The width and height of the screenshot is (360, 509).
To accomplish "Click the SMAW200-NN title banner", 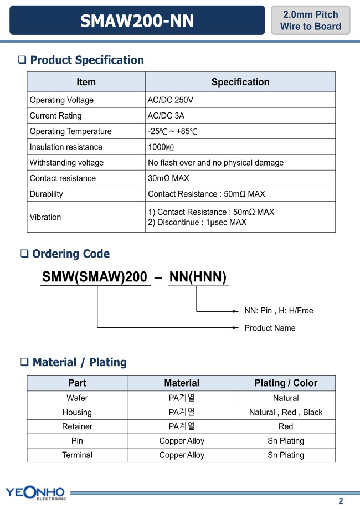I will coord(137,21).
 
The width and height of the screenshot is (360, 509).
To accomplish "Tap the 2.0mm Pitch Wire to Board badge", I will coord(310,20).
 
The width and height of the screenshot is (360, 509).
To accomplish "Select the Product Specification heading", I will coord(87,60).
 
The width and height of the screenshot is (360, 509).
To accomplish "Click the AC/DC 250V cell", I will coord(171,100).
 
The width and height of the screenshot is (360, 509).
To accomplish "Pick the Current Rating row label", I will coord(55,116).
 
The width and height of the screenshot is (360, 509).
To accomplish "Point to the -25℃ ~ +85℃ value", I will coord(173,131).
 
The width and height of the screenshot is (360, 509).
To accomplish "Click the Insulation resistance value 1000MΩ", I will coord(164,147).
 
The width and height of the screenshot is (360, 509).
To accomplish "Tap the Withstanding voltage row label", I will coord(66,163).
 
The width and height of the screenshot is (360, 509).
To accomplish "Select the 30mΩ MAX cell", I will coord(168,178).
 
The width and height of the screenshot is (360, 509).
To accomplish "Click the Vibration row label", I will coord(45,217).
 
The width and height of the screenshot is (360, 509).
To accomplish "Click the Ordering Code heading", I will coord(71,254).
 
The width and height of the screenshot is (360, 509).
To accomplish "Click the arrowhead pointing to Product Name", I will coord(235,328).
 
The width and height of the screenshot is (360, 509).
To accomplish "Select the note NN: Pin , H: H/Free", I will coord(279,311).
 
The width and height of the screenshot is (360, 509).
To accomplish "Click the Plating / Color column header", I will coord(286,383).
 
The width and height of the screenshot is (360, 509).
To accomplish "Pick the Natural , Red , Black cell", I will coord(286,412).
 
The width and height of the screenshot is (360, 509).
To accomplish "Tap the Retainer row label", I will coord(77,426).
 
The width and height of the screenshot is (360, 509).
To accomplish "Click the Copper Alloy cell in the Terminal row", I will coord(182,455).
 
